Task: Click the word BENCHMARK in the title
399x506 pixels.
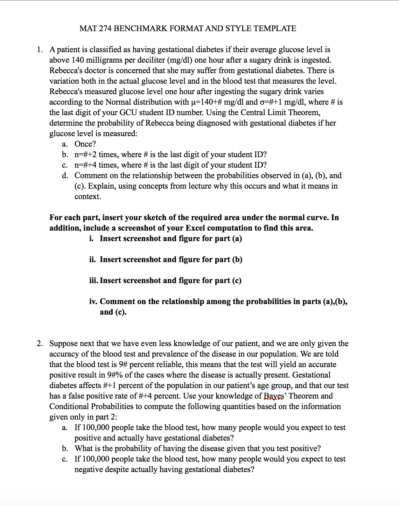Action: click(x=141, y=29)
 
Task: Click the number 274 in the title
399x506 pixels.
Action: click(x=105, y=29)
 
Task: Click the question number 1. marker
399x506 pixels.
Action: click(x=40, y=50)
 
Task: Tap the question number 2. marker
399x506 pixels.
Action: click(x=40, y=344)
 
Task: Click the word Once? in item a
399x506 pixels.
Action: click(x=85, y=144)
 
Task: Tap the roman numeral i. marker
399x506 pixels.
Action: click(x=91, y=239)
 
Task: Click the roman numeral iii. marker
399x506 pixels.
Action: click(x=94, y=281)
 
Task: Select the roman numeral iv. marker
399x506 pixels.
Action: click(x=93, y=302)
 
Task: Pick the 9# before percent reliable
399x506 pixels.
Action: click(x=123, y=365)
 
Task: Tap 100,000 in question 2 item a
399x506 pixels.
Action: click(x=96, y=428)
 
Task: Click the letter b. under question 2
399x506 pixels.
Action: click(x=65, y=449)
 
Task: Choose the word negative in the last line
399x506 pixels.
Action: click(x=89, y=470)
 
